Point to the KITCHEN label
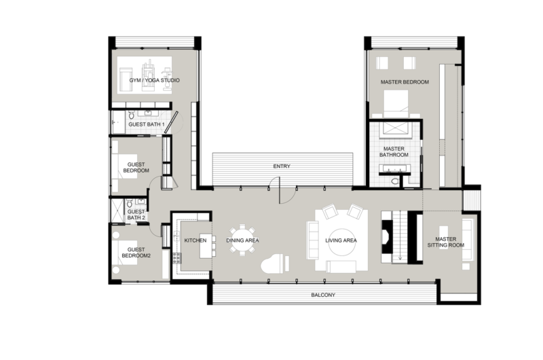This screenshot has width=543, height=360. [195, 240]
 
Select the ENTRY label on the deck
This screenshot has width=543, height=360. [282, 166]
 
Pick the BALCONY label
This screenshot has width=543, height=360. [323, 295]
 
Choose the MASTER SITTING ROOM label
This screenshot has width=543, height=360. [445, 242]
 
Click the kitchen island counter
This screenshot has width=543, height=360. [206, 248]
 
